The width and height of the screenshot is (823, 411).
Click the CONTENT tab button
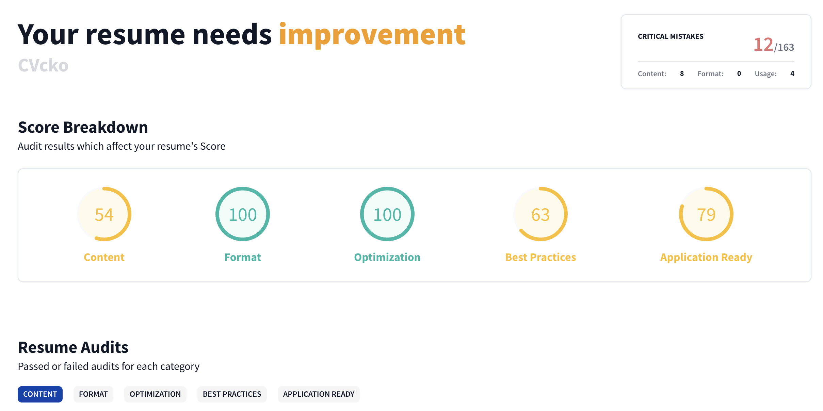(x=40, y=394)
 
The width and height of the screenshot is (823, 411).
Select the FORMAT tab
(x=93, y=394)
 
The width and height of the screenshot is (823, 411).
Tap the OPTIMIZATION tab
(x=155, y=394)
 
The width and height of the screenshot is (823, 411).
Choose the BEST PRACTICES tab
(x=232, y=394)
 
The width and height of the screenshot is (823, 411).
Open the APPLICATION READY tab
(x=319, y=394)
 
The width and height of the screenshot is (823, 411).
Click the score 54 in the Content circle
(x=104, y=215)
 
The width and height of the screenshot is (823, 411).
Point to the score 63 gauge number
(x=540, y=215)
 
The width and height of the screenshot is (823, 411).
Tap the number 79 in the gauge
(x=706, y=215)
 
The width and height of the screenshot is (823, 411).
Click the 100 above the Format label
(x=243, y=215)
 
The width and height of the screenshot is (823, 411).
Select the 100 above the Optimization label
(x=387, y=215)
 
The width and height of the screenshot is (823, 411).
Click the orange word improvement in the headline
(x=372, y=35)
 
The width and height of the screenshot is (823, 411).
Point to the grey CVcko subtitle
(x=43, y=65)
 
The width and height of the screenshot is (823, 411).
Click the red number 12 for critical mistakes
(x=763, y=45)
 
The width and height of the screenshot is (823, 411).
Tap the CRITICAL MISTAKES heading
(x=671, y=36)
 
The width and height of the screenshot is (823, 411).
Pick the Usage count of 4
(x=792, y=73)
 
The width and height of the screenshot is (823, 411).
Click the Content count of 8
(x=682, y=73)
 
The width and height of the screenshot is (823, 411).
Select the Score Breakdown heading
(x=83, y=127)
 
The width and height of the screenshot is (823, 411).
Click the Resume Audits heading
(x=73, y=347)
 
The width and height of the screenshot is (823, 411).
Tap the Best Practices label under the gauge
(x=540, y=257)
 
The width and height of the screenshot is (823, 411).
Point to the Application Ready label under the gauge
(x=706, y=257)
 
